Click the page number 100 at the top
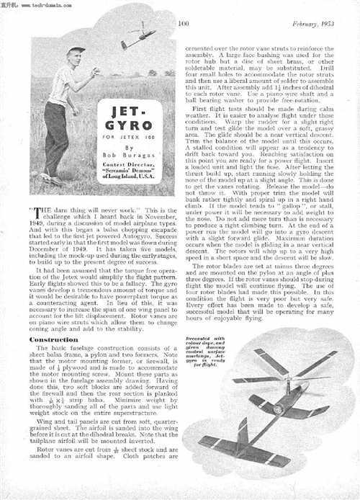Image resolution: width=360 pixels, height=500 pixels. click(x=183, y=24)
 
